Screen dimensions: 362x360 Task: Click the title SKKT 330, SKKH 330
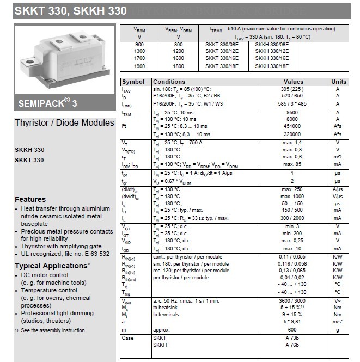coord(64,10)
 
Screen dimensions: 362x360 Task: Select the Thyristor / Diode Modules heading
coord(64,122)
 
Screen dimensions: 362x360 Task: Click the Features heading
coord(30,199)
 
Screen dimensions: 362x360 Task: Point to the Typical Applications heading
coord(52,266)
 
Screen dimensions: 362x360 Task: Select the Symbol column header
coord(133,82)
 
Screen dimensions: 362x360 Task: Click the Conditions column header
coord(169,82)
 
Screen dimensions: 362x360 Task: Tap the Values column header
coord(293,82)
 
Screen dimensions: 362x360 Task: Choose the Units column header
coord(338,82)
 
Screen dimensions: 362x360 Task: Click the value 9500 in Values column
coord(292,113)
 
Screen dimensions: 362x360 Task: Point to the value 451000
coord(292,126)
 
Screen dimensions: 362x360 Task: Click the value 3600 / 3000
coord(292,301)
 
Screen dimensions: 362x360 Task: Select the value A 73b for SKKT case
coord(292,338)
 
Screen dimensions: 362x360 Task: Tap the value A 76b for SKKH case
coord(292,345)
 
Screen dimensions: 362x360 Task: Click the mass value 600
coord(292,330)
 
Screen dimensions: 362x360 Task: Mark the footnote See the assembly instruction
coord(52,330)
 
